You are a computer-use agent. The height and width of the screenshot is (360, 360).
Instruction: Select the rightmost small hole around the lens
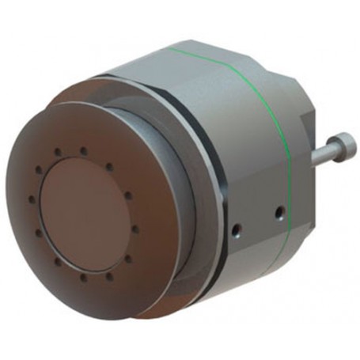[x=136, y=229]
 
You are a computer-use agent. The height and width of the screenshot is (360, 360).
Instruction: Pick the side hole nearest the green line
[x=278, y=213]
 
